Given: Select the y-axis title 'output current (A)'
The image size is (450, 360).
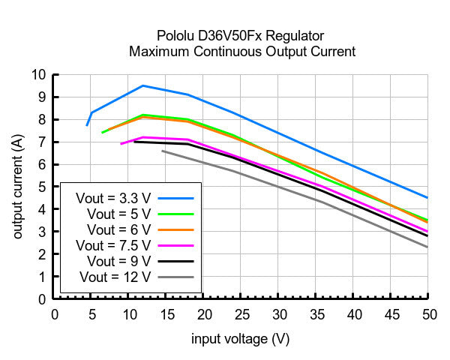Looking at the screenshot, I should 17,187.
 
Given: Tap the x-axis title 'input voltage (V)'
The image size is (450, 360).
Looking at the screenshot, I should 240,339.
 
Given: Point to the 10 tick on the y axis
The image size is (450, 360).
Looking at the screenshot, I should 38,74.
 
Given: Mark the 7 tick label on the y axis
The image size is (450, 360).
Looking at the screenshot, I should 42,142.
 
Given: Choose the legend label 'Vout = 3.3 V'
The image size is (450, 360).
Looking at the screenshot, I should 113,198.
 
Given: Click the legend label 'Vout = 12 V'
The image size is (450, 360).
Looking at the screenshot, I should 116,277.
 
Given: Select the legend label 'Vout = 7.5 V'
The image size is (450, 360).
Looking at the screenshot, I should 113,245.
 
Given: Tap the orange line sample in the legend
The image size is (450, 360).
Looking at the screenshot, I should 177,229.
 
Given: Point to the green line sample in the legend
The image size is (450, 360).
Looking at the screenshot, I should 177,214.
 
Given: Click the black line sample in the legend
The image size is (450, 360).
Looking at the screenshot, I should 177,261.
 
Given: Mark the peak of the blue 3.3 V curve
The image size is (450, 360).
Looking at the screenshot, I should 143,85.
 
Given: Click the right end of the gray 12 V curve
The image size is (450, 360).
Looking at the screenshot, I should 427,247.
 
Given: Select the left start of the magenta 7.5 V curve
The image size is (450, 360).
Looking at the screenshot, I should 121,144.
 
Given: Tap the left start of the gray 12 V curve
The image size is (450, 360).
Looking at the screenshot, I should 163,151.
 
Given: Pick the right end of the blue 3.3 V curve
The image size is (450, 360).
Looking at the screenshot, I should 427,198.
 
